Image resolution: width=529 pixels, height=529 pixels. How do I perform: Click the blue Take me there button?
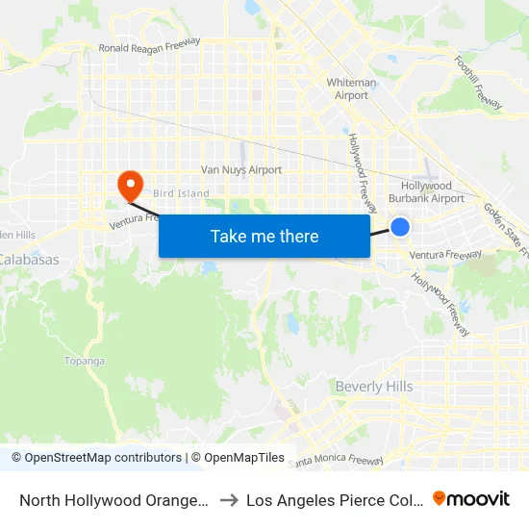click(x=264, y=237)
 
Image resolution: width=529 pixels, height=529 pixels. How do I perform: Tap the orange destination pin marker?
click(x=127, y=183)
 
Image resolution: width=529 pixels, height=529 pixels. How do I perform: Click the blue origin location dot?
click(x=400, y=227)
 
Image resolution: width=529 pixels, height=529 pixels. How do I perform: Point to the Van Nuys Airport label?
click(x=240, y=170)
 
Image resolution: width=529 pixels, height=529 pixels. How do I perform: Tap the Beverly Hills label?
click(x=374, y=387)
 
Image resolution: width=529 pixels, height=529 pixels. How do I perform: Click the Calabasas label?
click(x=28, y=260)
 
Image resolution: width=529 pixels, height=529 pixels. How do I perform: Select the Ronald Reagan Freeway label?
click(x=149, y=45)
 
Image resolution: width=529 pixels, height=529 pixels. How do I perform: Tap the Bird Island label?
click(x=180, y=193)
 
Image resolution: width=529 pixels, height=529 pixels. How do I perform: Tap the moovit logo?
click(x=471, y=498)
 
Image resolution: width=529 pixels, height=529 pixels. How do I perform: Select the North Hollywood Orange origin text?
click(x=113, y=499)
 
